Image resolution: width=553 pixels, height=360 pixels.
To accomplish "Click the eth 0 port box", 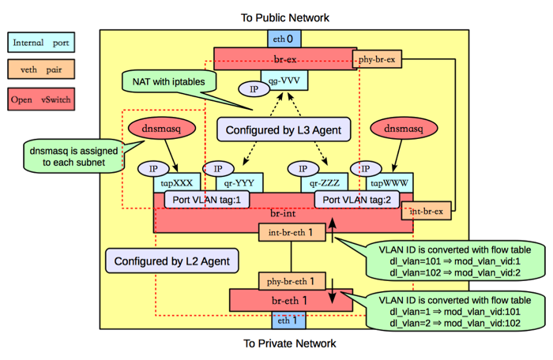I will click(x=283, y=38).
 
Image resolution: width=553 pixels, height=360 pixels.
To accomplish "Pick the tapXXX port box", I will click(x=177, y=182).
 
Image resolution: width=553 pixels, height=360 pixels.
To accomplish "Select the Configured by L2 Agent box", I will click(x=172, y=261).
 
